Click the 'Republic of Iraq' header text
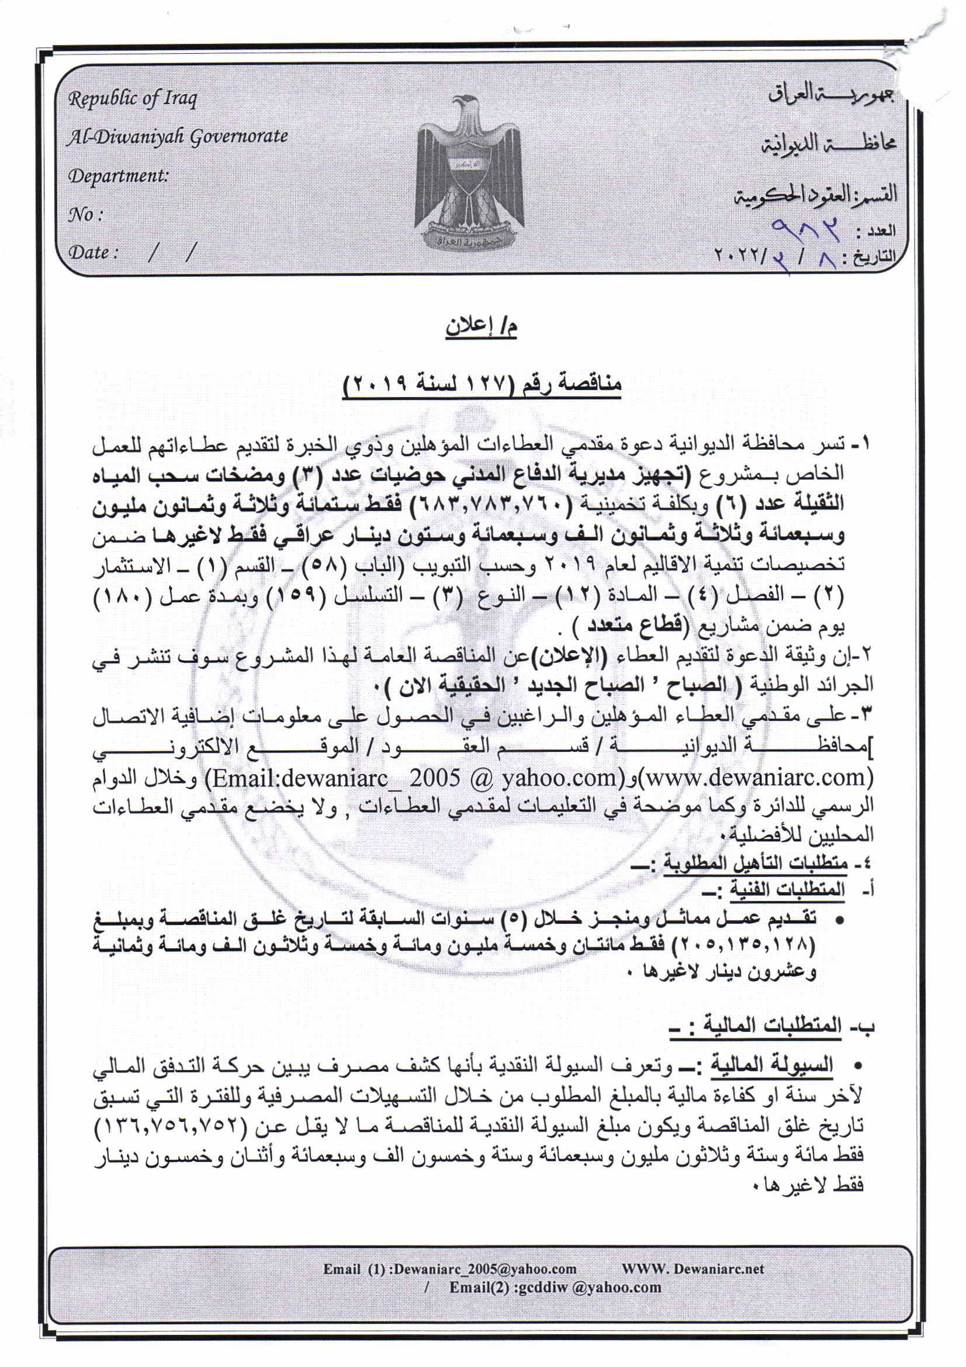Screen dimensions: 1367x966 click(132, 99)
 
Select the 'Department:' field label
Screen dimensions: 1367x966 click(118, 176)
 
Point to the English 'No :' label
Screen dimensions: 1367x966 click(86, 215)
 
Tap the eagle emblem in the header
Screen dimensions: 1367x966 click(470, 172)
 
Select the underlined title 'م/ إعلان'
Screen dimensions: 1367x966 click(482, 328)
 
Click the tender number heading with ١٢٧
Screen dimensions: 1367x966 click(483, 384)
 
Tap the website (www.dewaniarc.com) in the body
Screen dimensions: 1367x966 click(755, 777)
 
